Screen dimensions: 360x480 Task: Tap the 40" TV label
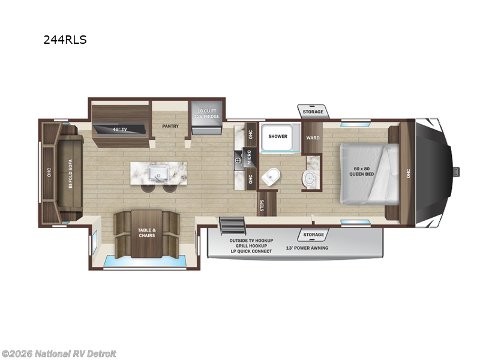coord(119,129)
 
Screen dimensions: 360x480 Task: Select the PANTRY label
coord(171,126)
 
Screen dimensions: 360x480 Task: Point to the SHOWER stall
coord(278,137)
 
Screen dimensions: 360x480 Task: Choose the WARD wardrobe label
coord(313,137)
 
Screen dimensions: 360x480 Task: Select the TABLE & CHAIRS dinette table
coord(147,233)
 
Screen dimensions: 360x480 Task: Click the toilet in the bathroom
coord(272,176)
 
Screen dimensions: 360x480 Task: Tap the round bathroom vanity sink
coord(310,178)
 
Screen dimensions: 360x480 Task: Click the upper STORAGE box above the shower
coord(313,112)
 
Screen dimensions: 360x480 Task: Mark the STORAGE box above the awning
coord(313,235)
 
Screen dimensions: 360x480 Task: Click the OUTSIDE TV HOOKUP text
coord(251,240)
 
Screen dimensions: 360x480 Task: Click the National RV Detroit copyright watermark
coord(59,353)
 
